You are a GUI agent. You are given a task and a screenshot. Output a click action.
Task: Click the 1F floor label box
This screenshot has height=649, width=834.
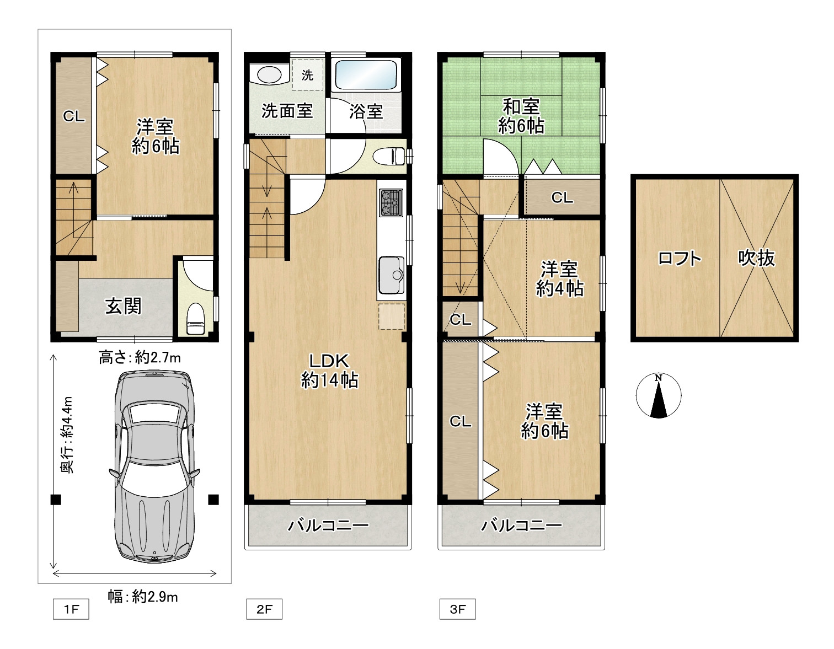pyautogui.click(x=71, y=609)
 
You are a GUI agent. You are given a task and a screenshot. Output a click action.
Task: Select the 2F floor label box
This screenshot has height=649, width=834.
pyautogui.click(x=264, y=609)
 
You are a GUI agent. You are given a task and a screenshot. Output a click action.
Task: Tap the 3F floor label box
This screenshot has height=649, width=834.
pyautogui.click(x=457, y=609)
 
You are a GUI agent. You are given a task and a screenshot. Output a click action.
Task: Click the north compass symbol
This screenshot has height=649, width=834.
pyautogui.click(x=659, y=395)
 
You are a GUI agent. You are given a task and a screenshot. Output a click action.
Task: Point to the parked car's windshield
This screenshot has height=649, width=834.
pyautogui.click(x=154, y=414)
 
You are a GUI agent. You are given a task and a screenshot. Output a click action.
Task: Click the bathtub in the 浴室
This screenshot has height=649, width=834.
pyautogui.click(x=366, y=75)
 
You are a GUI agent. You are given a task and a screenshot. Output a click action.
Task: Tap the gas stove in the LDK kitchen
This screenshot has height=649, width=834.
pyautogui.click(x=391, y=202)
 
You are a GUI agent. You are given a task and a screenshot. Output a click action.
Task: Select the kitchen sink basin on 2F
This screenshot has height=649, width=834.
pyautogui.click(x=392, y=275)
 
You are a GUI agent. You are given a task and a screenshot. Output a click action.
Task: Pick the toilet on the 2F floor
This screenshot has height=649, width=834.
pyautogui.click(x=388, y=157)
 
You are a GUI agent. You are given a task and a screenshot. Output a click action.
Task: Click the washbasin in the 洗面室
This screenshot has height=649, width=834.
pyautogui.click(x=269, y=74)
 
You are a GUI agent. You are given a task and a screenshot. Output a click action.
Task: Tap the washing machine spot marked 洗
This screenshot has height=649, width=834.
pyautogui.click(x=307, y=75)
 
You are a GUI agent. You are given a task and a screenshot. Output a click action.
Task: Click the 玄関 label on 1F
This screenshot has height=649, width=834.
pyautogui.click(x=124, y=305)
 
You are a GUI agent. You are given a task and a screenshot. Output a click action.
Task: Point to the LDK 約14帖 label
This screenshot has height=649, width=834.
pyautogui.click(x=329, y=371)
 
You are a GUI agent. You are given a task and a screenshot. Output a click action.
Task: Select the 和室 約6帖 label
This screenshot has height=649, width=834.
pyautogui.click(x=521, y=116)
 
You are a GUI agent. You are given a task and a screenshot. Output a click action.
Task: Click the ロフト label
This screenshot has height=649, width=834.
pyautogui.click(x=680, y=258)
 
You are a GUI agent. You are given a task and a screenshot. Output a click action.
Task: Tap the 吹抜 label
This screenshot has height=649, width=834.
pyautogui.click(x=756, y=258)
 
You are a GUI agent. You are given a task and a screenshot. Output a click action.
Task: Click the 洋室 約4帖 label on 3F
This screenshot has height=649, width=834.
pyautogui.click(x=559, y=279)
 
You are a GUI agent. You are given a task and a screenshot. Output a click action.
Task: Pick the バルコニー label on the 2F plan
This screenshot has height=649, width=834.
pyautogui.click(x=328, y=525)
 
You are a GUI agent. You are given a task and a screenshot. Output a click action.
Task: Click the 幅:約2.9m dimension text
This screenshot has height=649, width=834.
pyautogui.click(x=142, y=597)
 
